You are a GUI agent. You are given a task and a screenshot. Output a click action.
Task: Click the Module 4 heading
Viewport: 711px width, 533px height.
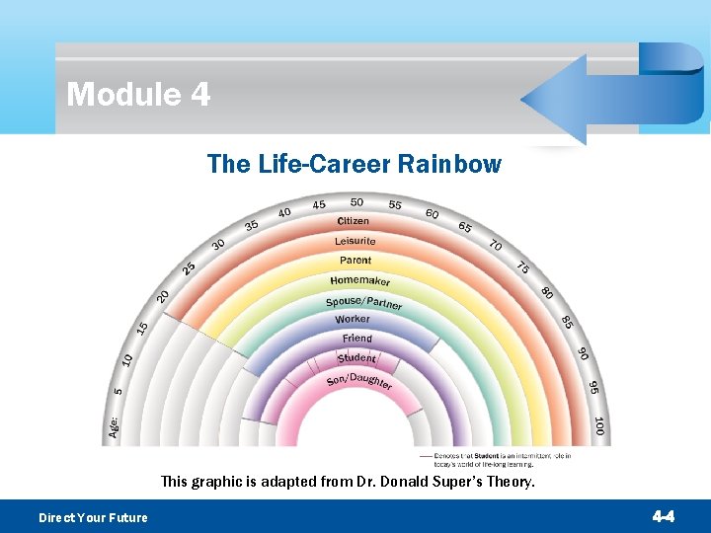click(138, 95)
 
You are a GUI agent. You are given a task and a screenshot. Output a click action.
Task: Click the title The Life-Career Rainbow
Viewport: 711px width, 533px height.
click(355, 164)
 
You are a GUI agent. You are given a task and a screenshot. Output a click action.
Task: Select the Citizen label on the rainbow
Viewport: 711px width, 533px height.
click(354, 221)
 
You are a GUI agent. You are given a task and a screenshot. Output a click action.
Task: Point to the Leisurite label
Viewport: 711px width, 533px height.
click(355, 241)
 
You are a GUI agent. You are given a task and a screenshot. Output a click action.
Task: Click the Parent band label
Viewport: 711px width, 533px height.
click(355, 261)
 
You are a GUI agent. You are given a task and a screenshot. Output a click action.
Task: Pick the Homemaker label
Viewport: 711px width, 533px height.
click(359, 280)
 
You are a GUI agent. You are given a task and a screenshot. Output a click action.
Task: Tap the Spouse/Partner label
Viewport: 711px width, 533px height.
click(363, 302)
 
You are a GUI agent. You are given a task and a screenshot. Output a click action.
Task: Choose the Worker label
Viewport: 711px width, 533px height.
click(353, 319)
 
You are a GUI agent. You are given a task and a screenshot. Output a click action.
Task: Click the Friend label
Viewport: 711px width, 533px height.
click(356, 339)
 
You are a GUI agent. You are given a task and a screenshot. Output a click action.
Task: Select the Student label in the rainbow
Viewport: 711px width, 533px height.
click(356, 358)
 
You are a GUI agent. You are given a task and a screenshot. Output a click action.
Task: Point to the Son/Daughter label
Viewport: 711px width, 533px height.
click(359, 381)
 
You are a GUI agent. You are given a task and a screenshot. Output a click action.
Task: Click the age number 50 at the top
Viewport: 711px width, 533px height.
click(356, 203)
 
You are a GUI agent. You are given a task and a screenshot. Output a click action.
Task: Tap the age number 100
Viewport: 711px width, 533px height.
click(598, 426)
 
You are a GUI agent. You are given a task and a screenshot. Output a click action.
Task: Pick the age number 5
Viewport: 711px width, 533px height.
click(118, 392)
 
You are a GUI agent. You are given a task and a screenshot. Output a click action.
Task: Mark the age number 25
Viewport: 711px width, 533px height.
click(189, 267)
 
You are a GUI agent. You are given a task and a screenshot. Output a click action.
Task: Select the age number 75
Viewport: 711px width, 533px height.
click(522, 267)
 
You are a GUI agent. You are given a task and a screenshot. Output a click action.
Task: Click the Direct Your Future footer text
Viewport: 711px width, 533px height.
click(93, 517)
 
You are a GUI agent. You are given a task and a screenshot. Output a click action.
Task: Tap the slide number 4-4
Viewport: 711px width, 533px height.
click(664, 516)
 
